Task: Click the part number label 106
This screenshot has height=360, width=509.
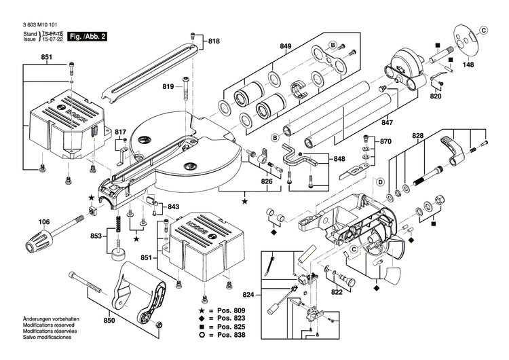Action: [x=44, y=221]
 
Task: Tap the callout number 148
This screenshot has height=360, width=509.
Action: [x=468, y=66]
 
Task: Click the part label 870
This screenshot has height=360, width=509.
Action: [x=385, y=142]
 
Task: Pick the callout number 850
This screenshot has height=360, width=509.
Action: [x=108, y=321]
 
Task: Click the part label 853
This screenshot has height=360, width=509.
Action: [x=98, y=236]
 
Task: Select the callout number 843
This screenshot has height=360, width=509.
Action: [x=174, y=206]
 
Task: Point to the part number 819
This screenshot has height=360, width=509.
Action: [x=168, y=86]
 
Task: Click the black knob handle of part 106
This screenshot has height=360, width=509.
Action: [x=41, y=239]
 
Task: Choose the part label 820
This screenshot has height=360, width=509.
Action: [x=436, y=96]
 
